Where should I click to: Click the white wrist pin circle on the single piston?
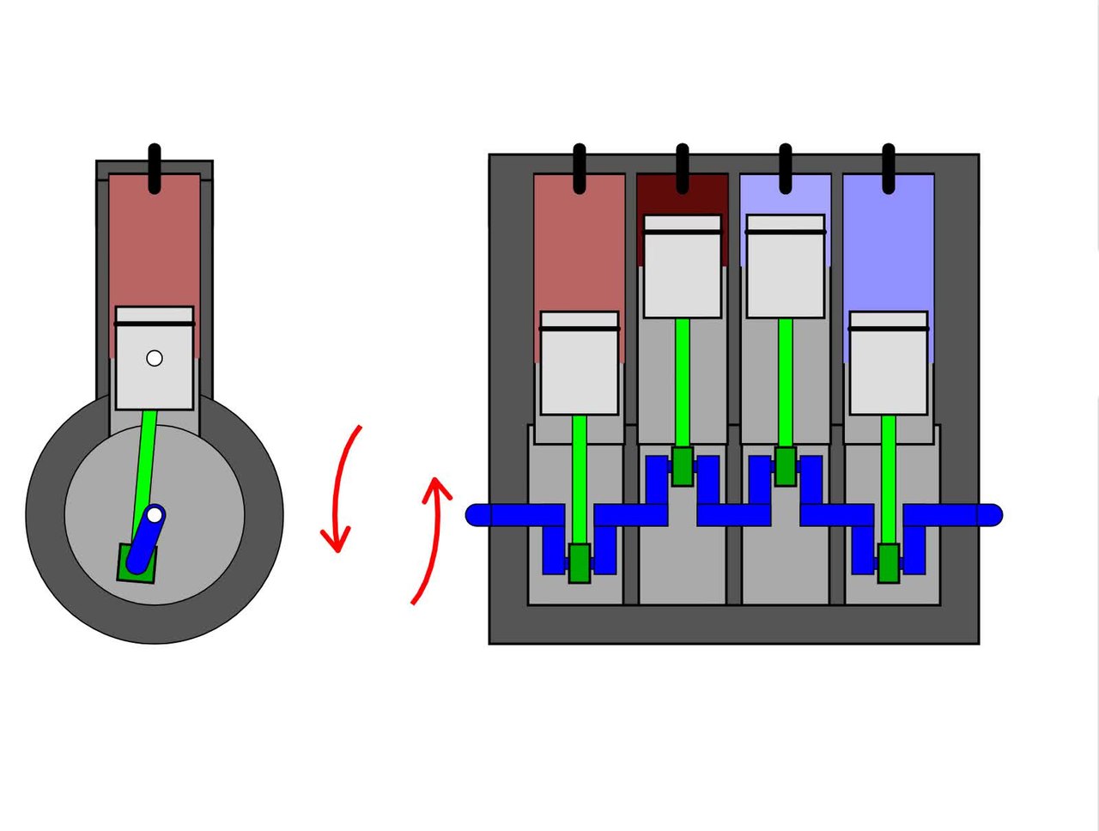(155, 358)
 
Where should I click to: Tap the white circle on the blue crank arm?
(155, 515)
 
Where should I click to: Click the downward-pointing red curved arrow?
(342, 489)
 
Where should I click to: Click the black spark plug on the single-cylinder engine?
(155, 168)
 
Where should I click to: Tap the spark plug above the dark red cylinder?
(683, 168)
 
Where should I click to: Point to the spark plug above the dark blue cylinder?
(889, 168)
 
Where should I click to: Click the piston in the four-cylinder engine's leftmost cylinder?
(580, 365)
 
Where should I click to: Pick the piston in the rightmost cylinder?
(889, 365)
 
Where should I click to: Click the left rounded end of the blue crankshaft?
(477, 515)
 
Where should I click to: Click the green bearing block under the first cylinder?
(580, 563)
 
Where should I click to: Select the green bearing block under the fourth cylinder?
(889, 563)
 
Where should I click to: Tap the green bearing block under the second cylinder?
(683, 466)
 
